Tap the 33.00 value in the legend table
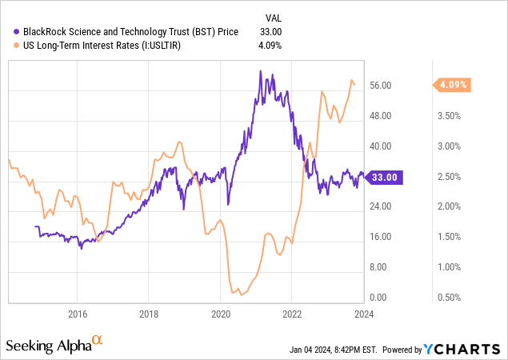pyautogui.click(x=272, y=31)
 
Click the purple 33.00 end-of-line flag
pyautogui.click(x=388, y=178)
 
